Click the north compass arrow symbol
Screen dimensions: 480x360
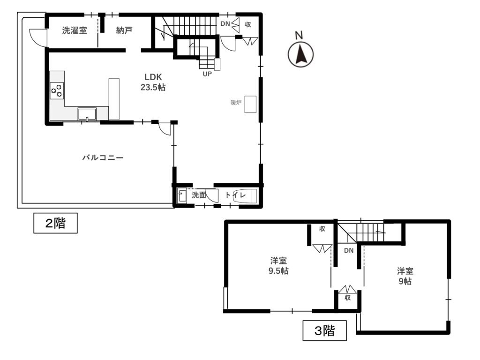[300, 54]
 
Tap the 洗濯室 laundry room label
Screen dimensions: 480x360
[75, 30]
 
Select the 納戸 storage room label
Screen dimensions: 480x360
[124, 30]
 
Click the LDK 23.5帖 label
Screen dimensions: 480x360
[153, 82]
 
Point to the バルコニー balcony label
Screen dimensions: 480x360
[103, 157]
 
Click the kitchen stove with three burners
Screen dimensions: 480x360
[57, 90]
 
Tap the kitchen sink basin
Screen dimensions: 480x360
[87, 114]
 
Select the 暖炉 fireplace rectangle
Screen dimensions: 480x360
[250, 105]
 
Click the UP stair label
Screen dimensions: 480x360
[207, 74]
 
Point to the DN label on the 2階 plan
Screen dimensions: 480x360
[225, 23]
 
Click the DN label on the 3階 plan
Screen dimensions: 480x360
[349, 250]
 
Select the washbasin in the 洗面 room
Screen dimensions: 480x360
[182, 195]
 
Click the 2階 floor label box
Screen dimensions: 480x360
[55, 223]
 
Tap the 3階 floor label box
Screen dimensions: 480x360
[324, 330]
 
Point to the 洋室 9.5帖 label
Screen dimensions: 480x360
[278, 266]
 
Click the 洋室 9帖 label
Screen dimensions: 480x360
[405, 276]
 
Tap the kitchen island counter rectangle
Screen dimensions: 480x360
[114, 99]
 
